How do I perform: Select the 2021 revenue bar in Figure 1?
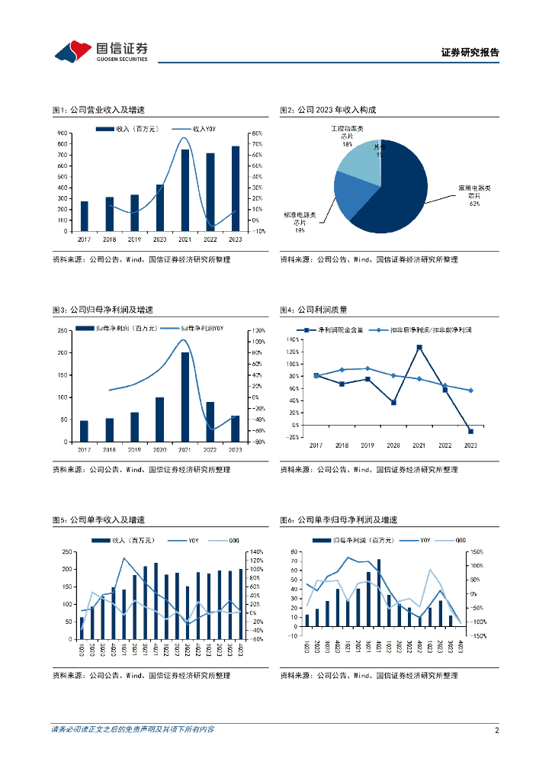185,190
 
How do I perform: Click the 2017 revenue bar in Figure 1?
84,216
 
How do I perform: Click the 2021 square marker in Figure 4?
419,347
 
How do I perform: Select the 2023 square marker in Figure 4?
470,432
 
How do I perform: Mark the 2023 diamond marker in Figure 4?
470,390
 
